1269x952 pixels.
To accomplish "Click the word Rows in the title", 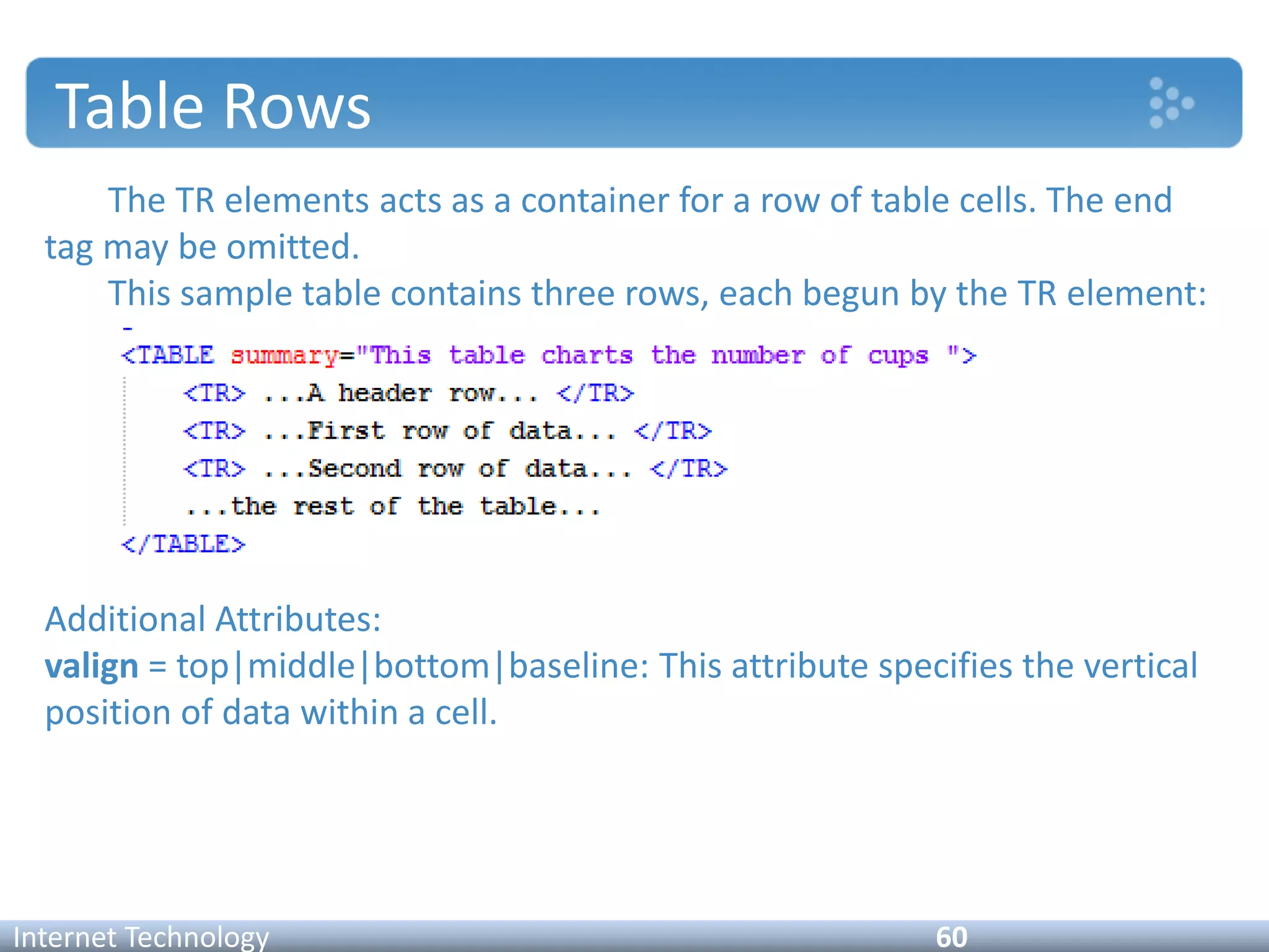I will click(296, 107).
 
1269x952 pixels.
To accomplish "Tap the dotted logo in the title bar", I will click(1170, 103).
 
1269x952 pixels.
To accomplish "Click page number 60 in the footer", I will click(951, 937).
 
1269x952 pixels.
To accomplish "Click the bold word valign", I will click(92, 667).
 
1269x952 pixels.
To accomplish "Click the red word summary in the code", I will click(284, 356).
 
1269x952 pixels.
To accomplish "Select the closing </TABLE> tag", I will click(183, 545).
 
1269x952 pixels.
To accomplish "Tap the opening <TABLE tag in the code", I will click(168, 356).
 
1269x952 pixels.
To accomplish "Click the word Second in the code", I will click(355, 469).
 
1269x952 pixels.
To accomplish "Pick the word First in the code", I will click(346, 431).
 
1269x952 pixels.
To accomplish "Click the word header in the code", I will click(384, 394).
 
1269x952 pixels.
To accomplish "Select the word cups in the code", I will click(898, 356).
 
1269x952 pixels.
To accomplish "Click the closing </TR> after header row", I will click(595, 394).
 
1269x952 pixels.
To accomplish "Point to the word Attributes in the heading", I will click(298, 619).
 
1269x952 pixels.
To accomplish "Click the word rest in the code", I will click(323, 507).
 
